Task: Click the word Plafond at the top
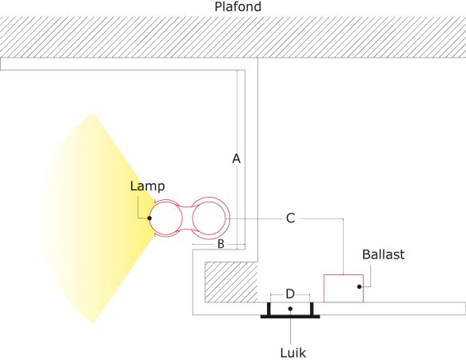click(237, 6)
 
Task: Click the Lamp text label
click(147, 186)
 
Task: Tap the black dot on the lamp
click(149, 218)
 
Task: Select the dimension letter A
click(237, 159)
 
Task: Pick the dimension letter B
click(221, 244)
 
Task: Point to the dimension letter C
click(290, 218)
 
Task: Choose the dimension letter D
click(290, 294)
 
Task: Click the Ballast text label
click(384, 254)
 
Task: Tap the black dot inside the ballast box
click(360, 286)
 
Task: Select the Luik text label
click(293, 353)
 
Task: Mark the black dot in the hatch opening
click(290, 309)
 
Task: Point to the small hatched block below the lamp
click(231, 282)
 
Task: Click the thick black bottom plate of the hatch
click(290, 317)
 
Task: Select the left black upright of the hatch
click(269, 309)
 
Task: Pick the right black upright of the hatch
click(312, 309)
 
